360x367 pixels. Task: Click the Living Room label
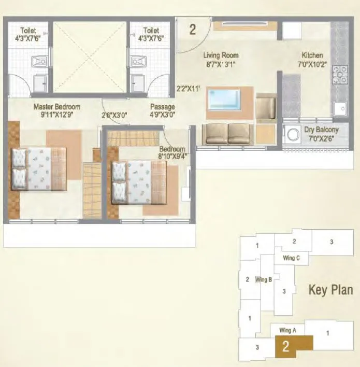pyautogui.click(x=221, y=55)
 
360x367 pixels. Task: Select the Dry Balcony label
pyautogui.click(x=321, y=130)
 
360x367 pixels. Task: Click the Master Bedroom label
pyautogui.click(x=57, y=107)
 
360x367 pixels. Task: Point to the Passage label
pyautogui.click(x=162, y=107)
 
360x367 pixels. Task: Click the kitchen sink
pyautogui.click(x=340, y=108)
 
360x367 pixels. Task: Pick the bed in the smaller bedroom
pyautogui.click(x=139, y=181)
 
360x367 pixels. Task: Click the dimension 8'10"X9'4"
pyautogui.click(x=172, y=156)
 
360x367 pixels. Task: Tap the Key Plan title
pyautogui.click(x=330, y=290)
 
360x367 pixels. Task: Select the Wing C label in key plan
pyautogui.click(x=291, y=258)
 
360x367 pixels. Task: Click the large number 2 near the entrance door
pyautogui.click(x=193, y=29)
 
